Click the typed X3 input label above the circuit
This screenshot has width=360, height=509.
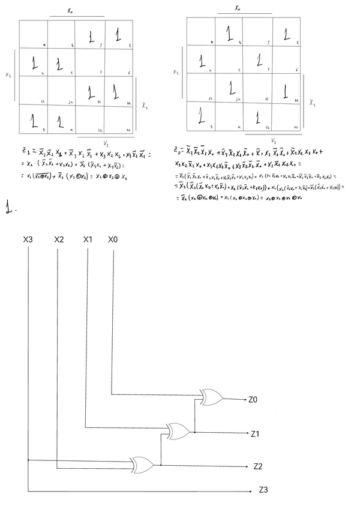coord(28,240)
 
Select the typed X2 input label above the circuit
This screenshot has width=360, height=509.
coord(59,240)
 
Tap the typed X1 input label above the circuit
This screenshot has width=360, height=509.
coord(88,240)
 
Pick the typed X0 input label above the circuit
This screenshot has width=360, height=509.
coord(113,240)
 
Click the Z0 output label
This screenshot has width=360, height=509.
coord(253,398)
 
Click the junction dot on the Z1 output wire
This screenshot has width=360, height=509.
coord(194,431)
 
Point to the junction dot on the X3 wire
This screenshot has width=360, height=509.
coord(28,460)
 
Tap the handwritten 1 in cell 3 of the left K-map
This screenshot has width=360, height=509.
coord(91,37)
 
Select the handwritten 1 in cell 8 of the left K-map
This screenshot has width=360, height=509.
coord(34,121)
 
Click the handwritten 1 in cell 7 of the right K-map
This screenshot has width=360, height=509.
coord(259,60)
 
